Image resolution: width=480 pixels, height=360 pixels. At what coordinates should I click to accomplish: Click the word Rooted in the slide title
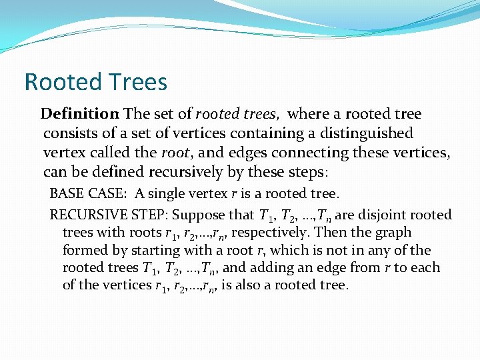(x=60, y=82)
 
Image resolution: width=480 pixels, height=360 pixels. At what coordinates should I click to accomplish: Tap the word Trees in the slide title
(x=135, y=82)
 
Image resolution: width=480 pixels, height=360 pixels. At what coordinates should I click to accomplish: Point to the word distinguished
(x=360, y=133)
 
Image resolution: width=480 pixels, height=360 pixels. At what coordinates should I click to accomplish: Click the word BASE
(x=67, y=194)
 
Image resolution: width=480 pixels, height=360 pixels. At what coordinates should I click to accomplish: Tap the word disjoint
(x=385, y=215)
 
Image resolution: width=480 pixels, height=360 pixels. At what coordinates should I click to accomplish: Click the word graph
(x=394, y=233)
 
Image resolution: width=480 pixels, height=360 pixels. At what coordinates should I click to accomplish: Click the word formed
(x=83, y=251)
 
